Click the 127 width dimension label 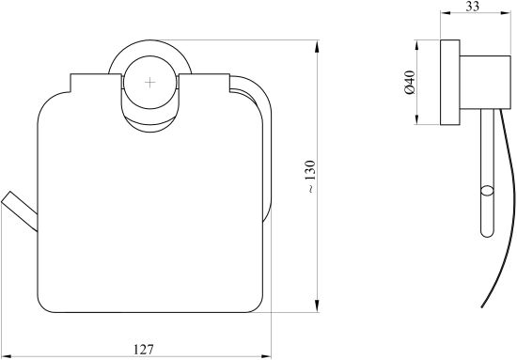(x=144, y=349)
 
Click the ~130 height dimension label (x=310, y=177)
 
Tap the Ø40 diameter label (x=410, y=83)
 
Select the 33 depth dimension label (x=473, y=6)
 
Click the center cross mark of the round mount (x=150, y=83)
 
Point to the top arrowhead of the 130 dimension (x=317, y=46)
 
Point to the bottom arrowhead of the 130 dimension (x=317, y=305)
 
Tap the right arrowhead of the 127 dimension (x=264, y=356)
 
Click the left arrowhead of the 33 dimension (x=446, y=13)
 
